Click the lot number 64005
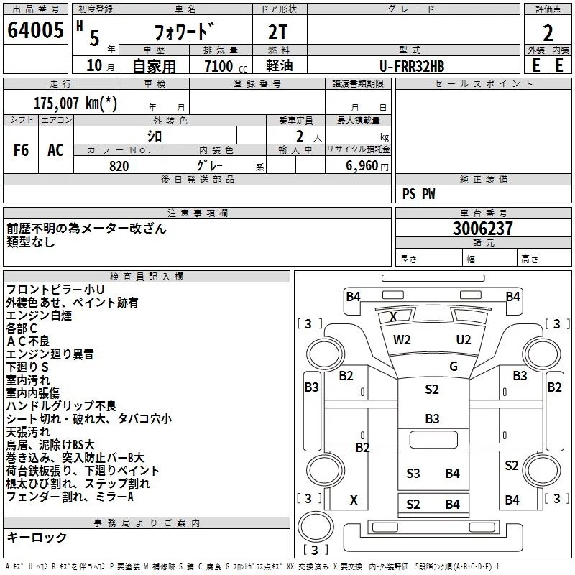tap(35, 30)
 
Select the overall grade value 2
tap(548, 33)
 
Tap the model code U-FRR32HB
tap(412, 66)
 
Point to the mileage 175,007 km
tap(75, 103)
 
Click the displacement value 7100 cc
tap(226, 66)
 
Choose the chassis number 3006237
tap(483, 229)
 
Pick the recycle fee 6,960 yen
tap(367, 166)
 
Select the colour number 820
tap(119, 166)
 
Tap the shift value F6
tap(21, 150)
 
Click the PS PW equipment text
tap(419, 194)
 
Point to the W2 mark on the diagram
tap(402, 340)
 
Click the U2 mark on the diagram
tap(464, 340)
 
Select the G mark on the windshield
tap(454, 367)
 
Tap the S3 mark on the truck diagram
tap(413, 474)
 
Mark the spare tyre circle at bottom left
tap(316, 526)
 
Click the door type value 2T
tap(278, 32)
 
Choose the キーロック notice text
tap(37, 537)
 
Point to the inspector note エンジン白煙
tap(39, 316)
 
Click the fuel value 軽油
tap(280, 65)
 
